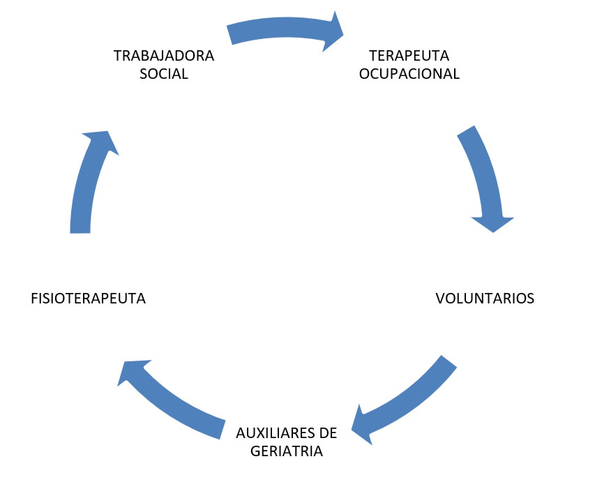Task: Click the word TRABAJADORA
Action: (x=164, y=56)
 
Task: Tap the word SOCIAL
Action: (x=164, y=74)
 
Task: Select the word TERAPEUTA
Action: (x=409, y=56)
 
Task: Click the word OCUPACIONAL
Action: (x=409, y=74)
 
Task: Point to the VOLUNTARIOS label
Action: (x=485, y=299)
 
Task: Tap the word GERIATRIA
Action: (x=286, y=451)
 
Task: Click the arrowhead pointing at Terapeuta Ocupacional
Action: (x=333, y=31)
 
